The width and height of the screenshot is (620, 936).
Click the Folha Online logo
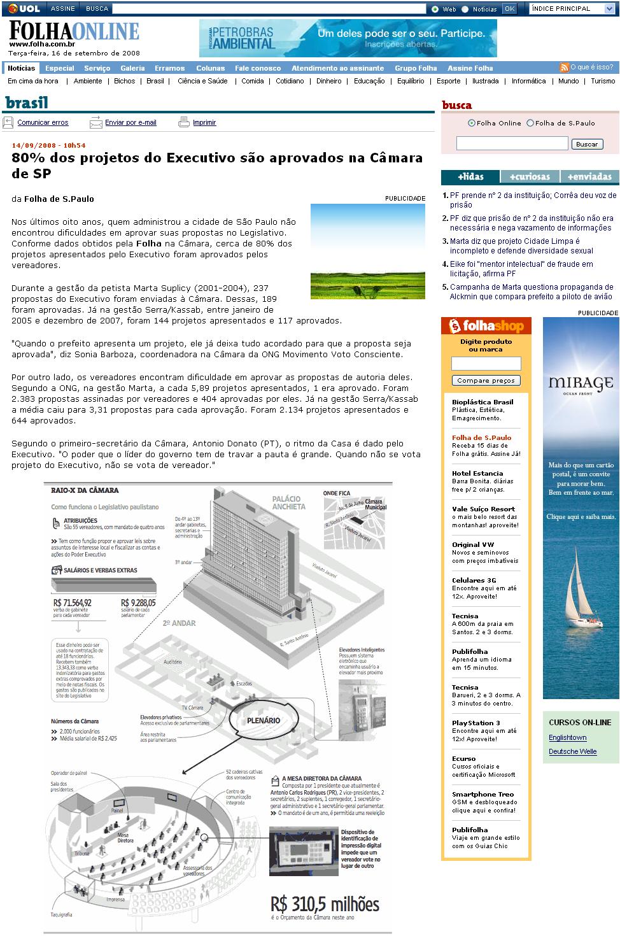tap(74, 32)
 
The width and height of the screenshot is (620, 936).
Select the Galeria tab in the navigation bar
tap(132, 68)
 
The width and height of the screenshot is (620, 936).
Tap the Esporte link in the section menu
tap(448, 81)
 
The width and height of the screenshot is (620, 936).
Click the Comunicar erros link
tap(43, 122)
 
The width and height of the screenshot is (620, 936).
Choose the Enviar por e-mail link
tap(130, 122)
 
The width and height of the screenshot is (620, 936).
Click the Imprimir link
tap(204, 122)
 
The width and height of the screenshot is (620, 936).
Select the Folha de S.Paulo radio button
tap(530, 123)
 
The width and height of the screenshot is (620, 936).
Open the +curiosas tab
tap(530, 176)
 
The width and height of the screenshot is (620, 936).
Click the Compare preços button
tap(486, 380)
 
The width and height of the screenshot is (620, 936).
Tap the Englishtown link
tap(568, 737)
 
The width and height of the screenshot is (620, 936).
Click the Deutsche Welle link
tap(573, 751)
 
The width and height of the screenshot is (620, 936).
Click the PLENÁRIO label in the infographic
tap(264, 720)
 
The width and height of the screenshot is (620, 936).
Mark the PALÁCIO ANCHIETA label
tap(288, 502)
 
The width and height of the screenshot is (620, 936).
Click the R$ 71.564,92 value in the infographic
tap(72, 602)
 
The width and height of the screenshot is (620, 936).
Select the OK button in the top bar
tap(509, 9)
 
